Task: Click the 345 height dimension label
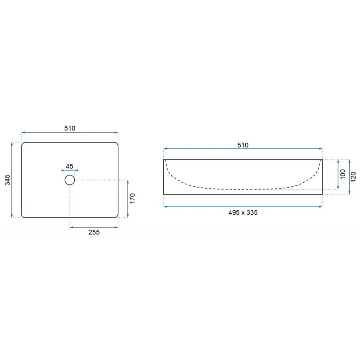[x=8, y=180]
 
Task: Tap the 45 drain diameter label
[x=70, y=166]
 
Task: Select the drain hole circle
[x=70, y=180]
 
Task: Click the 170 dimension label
[x=132, y=198]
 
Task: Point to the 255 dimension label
[x=94, y=232]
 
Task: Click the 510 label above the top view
[x=70, y=128]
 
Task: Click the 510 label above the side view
[x=243, y=145]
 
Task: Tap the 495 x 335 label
[x=243, y=212]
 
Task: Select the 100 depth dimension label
[x=343, y=174]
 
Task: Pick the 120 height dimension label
[x=353, y=177]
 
